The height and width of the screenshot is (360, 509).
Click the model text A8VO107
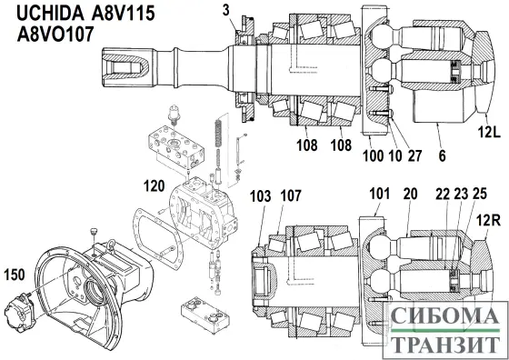point(56,35)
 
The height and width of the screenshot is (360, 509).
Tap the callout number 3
point(225,10)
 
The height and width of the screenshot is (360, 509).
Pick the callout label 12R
point(491,221)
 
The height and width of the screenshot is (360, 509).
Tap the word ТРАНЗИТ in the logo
point(443,345)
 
